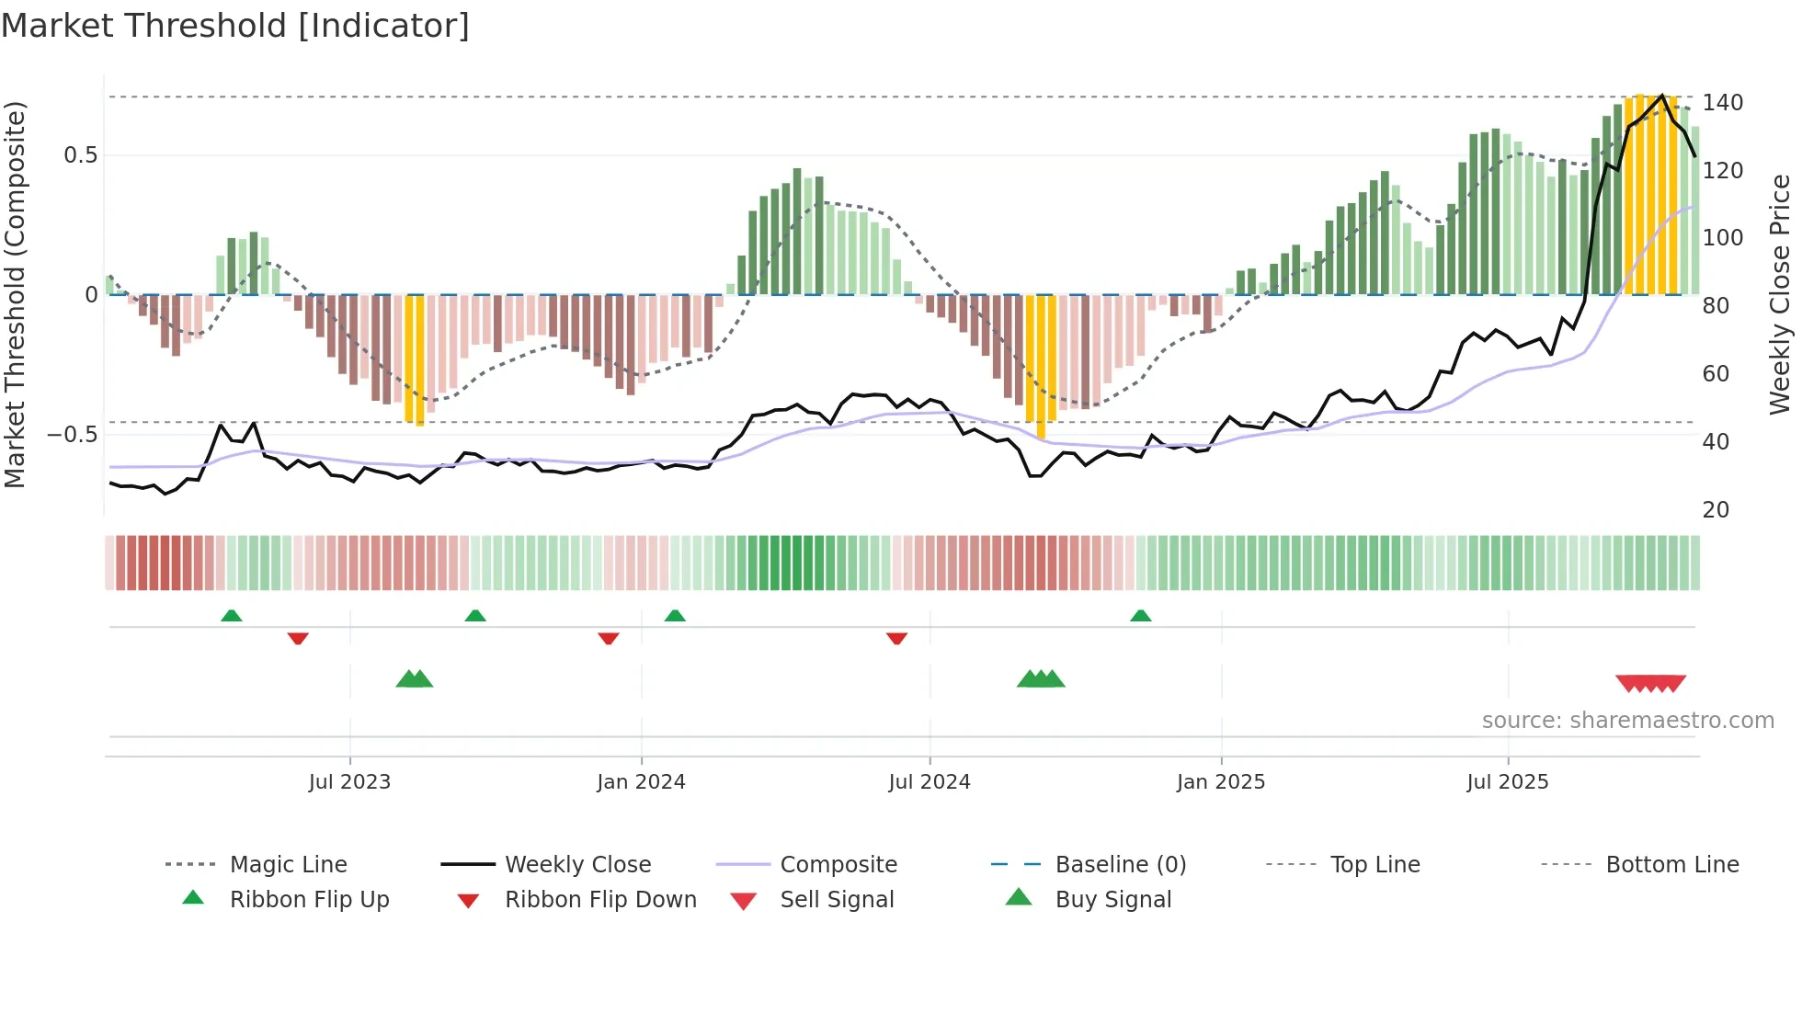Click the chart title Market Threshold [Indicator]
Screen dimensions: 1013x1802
[235, 26]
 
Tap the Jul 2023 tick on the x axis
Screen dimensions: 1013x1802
[349, 782]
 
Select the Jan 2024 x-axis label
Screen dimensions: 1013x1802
[641, 782]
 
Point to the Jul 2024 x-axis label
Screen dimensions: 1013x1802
[929, 782]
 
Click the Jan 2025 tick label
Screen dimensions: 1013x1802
[1220, 782]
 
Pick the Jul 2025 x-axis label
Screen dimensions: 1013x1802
[1507, 782]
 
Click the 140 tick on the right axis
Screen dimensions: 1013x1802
[1722, 103]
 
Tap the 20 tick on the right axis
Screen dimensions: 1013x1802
[1716, 510]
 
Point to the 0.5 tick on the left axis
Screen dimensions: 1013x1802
[80, 155]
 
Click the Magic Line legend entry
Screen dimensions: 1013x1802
[288, 865]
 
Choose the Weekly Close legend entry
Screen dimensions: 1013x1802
[577, 865]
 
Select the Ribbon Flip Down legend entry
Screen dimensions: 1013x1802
[600, 900]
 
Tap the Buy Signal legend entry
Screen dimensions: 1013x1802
[1112, 900]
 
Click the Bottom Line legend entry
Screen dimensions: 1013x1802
[1671, 865]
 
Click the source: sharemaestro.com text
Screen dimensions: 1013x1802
[1627, 721]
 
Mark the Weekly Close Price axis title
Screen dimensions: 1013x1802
[1780, 294]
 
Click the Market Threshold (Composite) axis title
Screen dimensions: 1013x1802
[15, 294]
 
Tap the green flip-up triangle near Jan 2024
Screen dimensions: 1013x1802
[675, 616]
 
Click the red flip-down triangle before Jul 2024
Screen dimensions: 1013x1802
[896, 638]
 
